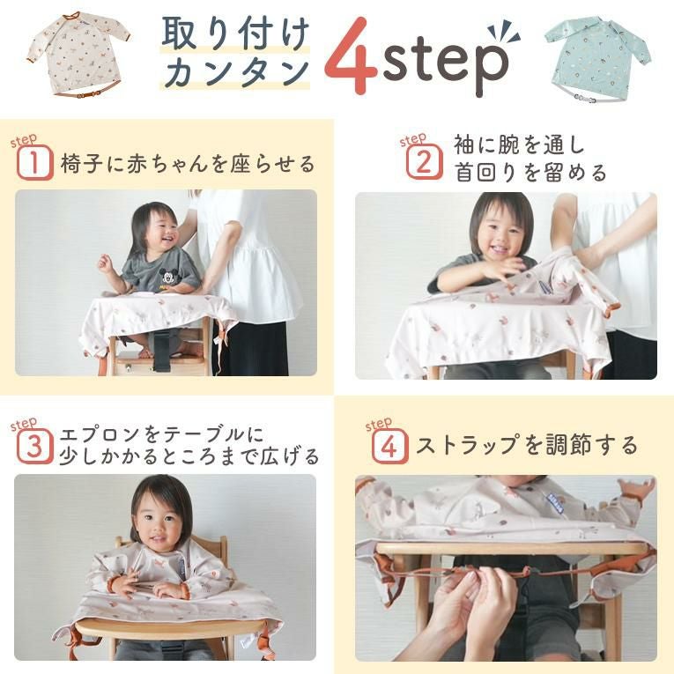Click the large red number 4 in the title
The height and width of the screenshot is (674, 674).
(x=351, y=56)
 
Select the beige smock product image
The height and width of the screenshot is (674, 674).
(x=79, y=55)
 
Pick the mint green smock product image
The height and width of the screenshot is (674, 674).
(x=598, y=60)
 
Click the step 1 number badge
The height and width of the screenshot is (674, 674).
(x=35, y=162)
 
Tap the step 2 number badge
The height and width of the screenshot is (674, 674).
(x=425, y=161)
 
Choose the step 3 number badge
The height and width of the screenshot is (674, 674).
(x=35, y=446)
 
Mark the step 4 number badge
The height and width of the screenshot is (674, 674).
(x=390, y=446)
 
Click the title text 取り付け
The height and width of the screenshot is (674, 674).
(x=235, y=33)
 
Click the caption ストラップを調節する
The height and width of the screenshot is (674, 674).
(x=527, y=445)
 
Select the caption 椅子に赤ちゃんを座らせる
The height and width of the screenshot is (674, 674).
(x=189, y=163)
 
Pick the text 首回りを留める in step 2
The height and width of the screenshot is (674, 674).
(x=531, y=173)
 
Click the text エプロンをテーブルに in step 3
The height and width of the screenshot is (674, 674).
(x=161, y=434)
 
